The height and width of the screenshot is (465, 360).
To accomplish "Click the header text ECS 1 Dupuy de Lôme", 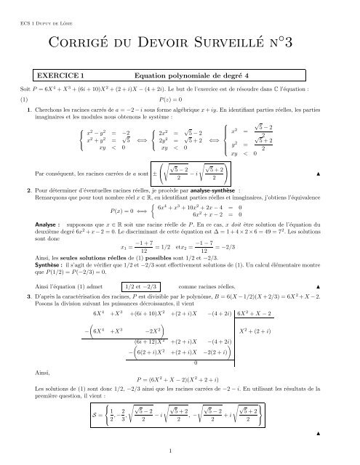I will pyautogui.click(x=45, y=20).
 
